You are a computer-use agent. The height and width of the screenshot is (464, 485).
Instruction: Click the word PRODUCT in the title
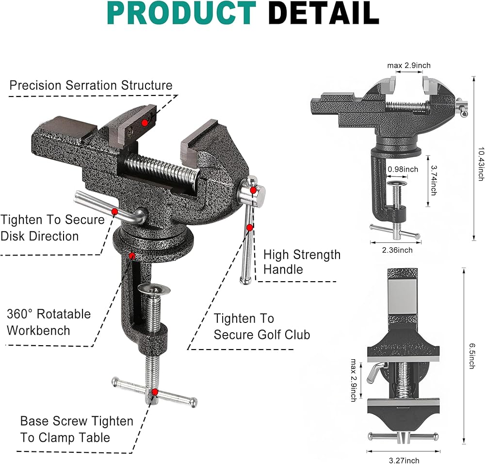[181, 13]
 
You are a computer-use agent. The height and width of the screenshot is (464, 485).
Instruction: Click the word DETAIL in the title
[323, 13]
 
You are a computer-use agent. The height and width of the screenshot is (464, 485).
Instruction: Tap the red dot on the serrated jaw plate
[145, 123]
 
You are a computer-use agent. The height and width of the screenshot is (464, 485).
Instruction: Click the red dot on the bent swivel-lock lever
[114, 212]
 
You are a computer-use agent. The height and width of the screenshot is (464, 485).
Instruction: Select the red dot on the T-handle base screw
[155, 392]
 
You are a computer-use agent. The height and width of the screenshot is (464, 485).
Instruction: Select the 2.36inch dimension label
[397, 250]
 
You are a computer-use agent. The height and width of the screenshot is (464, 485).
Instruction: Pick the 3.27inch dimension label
[404, 461]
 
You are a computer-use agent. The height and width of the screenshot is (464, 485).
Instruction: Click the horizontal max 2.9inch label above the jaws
[409, 65]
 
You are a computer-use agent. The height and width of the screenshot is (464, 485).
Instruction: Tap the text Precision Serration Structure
[91, 85]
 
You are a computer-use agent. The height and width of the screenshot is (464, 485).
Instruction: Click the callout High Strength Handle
[302, 262]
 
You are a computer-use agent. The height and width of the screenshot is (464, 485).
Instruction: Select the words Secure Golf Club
[262, 335]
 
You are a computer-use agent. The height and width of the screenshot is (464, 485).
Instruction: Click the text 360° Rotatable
[49, 314]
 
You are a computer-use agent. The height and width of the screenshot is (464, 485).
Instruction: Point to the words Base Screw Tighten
[77, 421]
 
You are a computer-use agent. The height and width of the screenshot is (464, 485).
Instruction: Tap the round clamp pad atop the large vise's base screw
[154, 290]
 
